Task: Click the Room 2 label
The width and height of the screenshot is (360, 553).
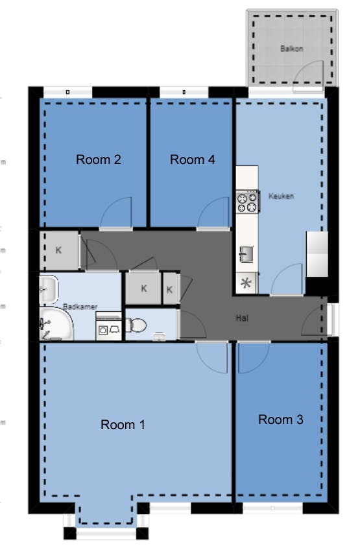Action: click(x=99, y=159)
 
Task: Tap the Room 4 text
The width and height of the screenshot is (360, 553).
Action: click(x=192, y=159)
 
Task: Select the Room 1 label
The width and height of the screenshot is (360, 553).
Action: click(x=123, y=425)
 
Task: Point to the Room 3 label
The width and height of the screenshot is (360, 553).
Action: click(x=280, y=419)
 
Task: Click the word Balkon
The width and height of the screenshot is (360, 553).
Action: click(x=291, y=49)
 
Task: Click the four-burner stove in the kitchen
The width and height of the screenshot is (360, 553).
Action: click(x=246, y=202)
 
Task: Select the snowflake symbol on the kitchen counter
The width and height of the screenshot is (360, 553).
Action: click(x=246, y=283)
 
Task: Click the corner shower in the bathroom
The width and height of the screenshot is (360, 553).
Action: click(x=54, y=325)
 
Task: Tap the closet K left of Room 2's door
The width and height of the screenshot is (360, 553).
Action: click(x=58, y=250)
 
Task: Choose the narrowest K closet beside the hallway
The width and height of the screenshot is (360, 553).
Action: click(x=169, y=289)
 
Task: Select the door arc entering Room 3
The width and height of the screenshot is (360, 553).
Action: click(x=252, y=359)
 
